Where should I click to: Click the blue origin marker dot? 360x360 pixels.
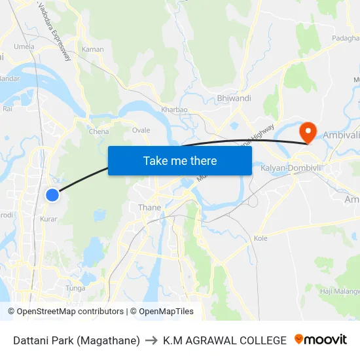pyautogui.click(x=52, y=194)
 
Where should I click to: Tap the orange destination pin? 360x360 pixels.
pyautogui.click(x=307, y=132)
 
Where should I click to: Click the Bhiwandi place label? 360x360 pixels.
pyautogui.click(x=234, y=98)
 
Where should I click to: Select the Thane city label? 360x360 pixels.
pyautogui.click(x=149, y=207)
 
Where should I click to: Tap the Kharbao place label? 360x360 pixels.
pyautogui.click(x=174, y=110)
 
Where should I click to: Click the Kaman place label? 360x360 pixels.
pyautogui.click(x=92, y=49)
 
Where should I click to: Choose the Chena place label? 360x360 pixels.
pyautogui.click(x=99, y=132)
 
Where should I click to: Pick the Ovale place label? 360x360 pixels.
pyautogui.click(x=141, y=130)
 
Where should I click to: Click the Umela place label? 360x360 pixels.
pyautogui.click(x=24, y=47)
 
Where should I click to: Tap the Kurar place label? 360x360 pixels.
pyautogui.click(x=48, y=219)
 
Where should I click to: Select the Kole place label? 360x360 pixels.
pyautogui.click(x=261, y=238)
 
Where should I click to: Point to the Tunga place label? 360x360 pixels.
pyautogui.click(x=75, y=288)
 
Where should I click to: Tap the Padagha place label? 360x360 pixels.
pyautogui.click(x=346, y=39)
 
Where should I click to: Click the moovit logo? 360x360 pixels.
pyautogui.click(x=320, y=340)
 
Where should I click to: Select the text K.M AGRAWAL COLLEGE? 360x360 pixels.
pyautogui.click(x=225, y=340)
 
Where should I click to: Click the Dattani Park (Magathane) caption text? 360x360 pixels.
pyautogui.click(x=77, y=340)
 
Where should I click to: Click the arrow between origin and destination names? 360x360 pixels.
pyautogui.click(x=151, y=340)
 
